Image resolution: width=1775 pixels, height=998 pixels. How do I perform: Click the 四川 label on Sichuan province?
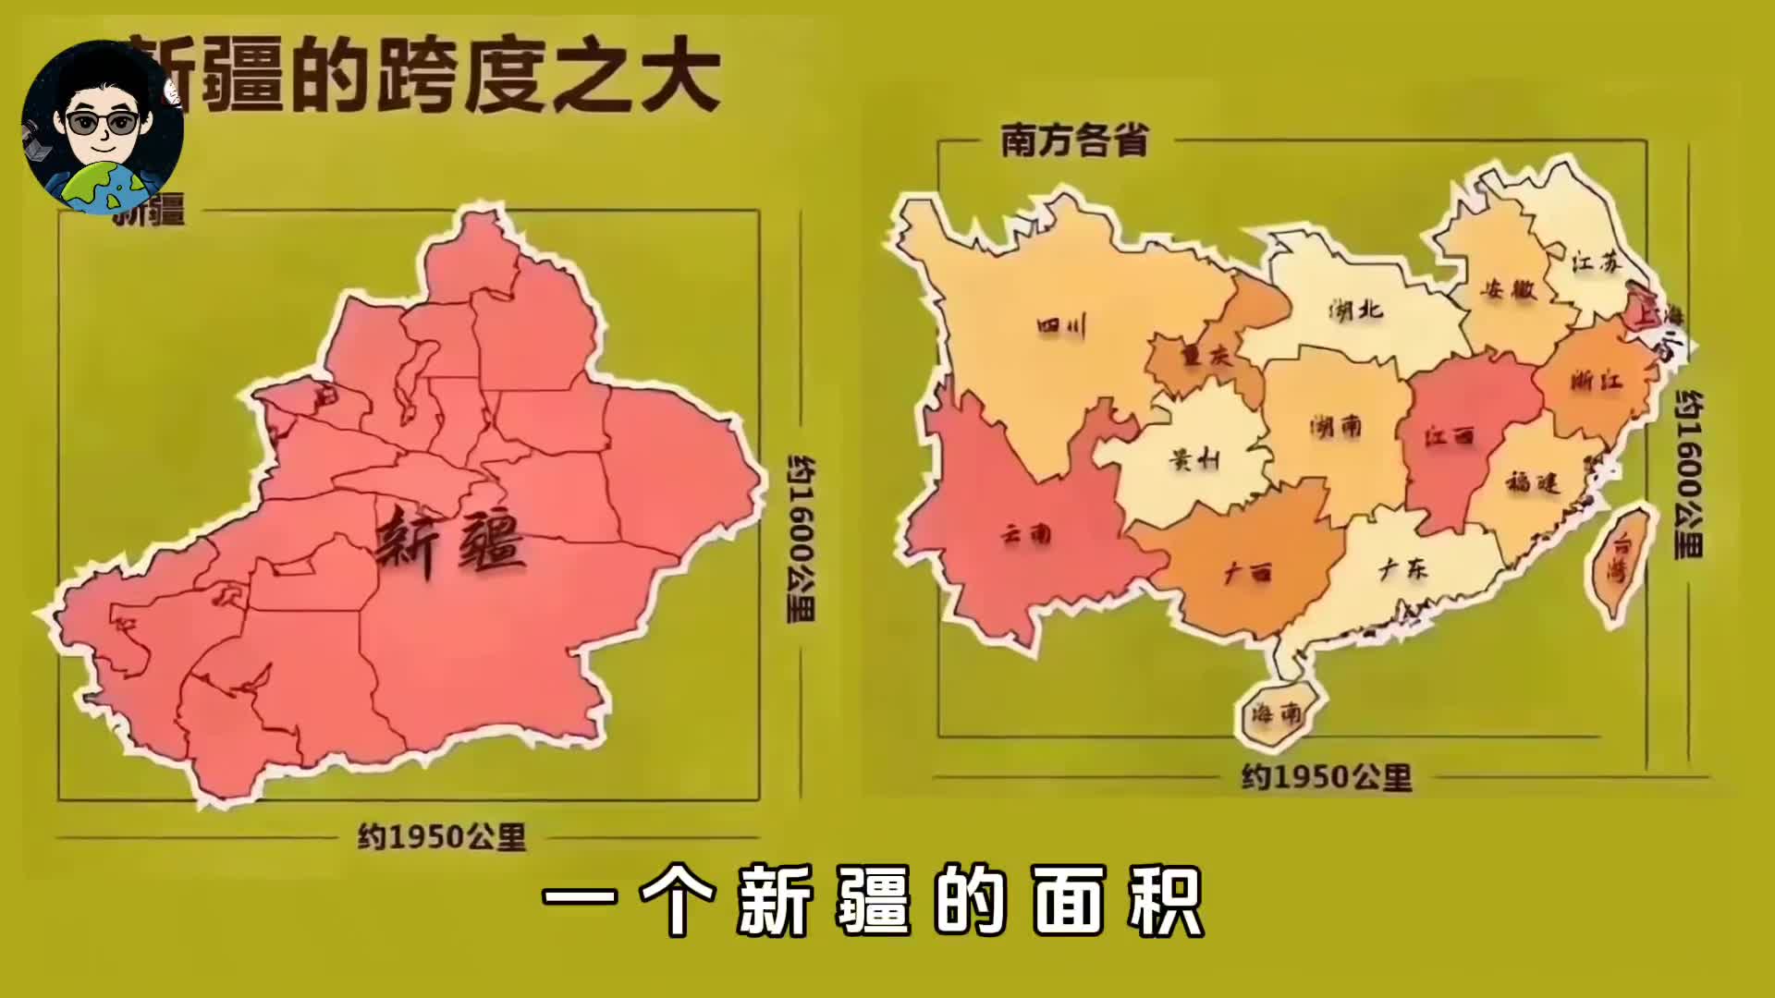coord(1060,325)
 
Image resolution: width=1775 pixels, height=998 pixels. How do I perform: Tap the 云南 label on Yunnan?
coord(1026,533)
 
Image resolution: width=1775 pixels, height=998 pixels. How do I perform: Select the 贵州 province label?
coord(1194,458)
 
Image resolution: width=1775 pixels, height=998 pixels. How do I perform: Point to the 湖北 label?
coord(1356,310)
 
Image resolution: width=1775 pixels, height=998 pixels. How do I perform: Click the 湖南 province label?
coord(1336,426)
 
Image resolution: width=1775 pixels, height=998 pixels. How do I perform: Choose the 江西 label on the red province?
coord(1449,435)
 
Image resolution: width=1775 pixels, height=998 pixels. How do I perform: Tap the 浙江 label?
coord(1596,380)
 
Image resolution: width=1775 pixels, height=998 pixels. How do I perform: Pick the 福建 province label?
coord(1533,482)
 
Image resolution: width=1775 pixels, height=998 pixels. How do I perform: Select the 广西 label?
coord(1247,573)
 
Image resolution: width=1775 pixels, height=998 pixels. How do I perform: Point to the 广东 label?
coord(1402,569)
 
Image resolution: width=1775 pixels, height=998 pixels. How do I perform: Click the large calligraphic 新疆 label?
coord(450,542)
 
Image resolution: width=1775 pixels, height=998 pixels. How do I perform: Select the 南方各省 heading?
coord(1074,141)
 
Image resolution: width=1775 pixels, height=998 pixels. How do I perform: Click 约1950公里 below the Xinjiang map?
coord(442,837)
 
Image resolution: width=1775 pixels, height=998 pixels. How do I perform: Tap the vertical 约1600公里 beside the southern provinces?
coord(1690,474)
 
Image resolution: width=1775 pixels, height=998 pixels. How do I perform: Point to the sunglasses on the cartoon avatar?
coord(103,123)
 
